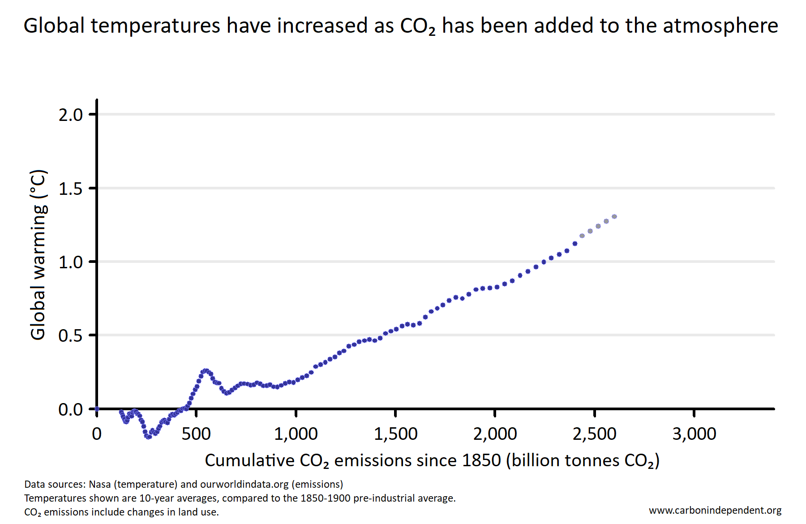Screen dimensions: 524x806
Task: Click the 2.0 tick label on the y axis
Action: click(70, 115)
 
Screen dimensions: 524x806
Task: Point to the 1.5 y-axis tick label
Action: click(70, 189)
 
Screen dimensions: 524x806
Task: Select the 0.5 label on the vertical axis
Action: click(70, 336)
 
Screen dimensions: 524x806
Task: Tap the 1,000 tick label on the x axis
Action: click(296, 434)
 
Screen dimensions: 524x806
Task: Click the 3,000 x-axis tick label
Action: click(694, 434)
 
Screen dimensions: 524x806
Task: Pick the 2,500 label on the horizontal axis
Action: click(594, 434)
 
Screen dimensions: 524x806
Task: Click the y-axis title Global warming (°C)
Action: click(38, 254)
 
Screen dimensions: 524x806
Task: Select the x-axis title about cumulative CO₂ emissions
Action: click(432, 460)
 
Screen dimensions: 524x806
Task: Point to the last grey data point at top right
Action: click(614, 217)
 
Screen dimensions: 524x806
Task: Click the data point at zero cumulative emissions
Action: click(97, 409)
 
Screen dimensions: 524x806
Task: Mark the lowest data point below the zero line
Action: click(148, 437)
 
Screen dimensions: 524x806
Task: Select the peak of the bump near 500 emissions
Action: click(206, 371)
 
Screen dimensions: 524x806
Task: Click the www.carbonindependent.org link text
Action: click(715, 510)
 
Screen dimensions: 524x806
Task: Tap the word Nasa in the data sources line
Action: click(99, 484)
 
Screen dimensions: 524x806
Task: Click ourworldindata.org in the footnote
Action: click(244, 484)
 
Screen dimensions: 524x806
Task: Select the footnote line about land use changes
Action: click(121, 512)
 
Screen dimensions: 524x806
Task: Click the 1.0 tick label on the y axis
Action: click(70, 262)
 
